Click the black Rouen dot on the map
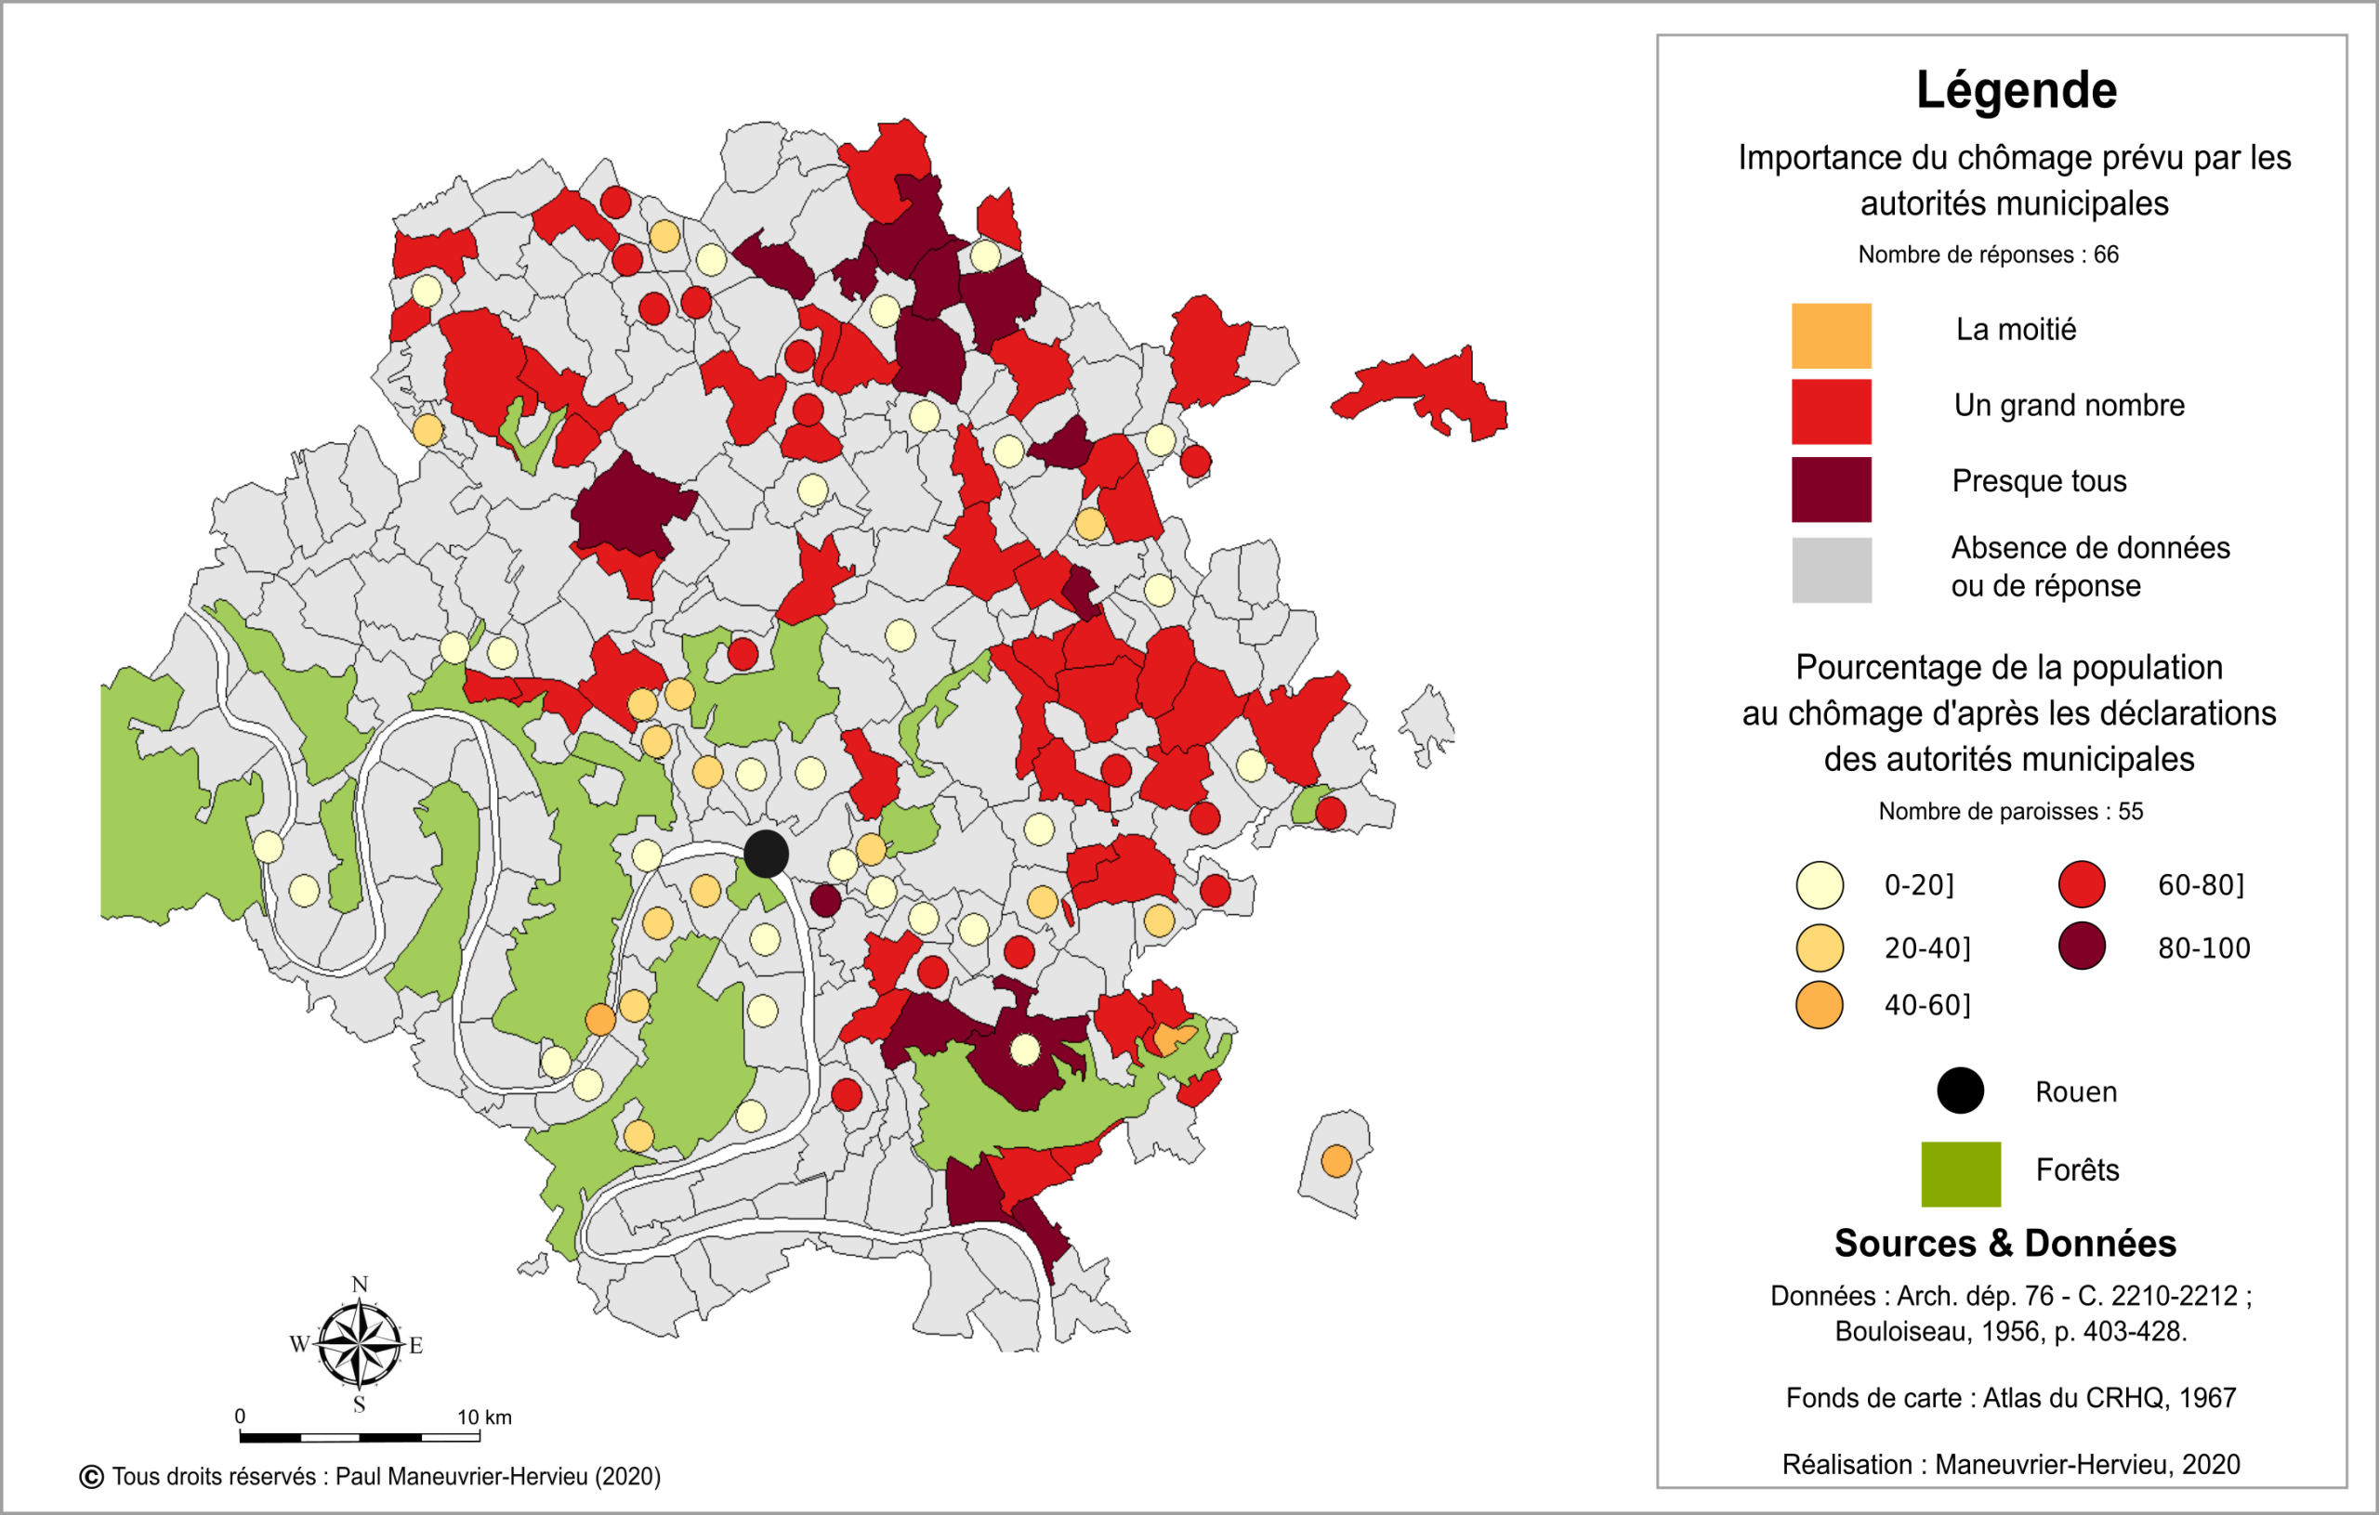click(766, 854)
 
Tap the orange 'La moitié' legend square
click(1831, 335)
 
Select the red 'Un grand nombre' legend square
click(1831, 411)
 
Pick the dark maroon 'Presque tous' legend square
click(1831, 489)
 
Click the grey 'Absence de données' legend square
click(1831, 569)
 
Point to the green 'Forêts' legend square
click(1960, 1174)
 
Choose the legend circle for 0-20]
click(1819, 885)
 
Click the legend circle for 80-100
click(2082, 947)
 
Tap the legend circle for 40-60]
click(1819, 1005)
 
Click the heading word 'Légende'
click(2016, 90)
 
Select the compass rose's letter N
click(360, 1285)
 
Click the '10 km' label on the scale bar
click(484, 1417)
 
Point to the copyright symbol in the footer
click(91, 1477)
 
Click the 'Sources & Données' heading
click(2004, 1243)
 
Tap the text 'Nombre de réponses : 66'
click(1988, 255)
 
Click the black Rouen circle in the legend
click(1960, 1091)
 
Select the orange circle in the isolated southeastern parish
click(1335, 1160)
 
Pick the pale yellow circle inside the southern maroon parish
click(1024, 1049)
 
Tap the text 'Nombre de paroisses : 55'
click(2009, 811)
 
